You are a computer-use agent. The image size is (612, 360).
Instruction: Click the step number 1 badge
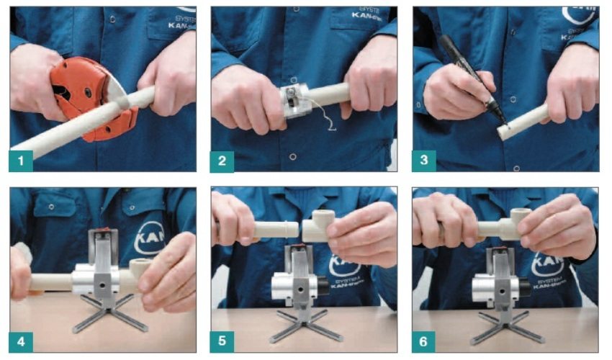pyautogui.click(x=21, y=160)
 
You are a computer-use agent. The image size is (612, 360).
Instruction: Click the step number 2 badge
pyautogui.click(x=222, y=160)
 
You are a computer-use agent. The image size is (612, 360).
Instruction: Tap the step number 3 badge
pyautogui.click(x=423, y=160)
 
